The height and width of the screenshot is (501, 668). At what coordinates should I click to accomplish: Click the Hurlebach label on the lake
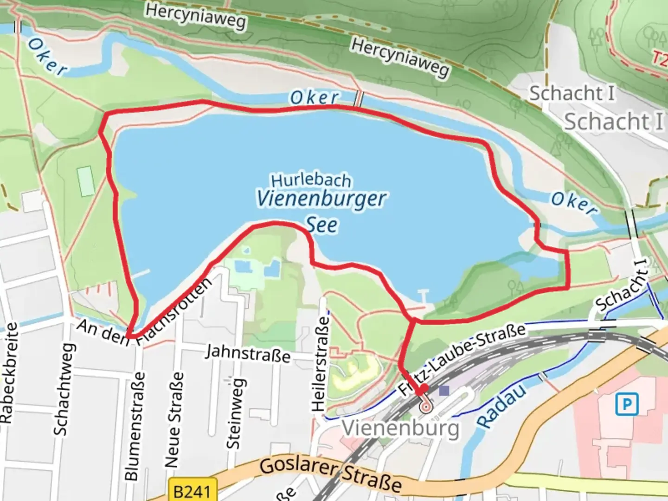pos(311,180)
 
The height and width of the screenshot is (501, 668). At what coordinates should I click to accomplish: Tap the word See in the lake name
pos(322,225)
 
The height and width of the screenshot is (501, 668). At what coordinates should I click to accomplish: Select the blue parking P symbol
pos(627,405)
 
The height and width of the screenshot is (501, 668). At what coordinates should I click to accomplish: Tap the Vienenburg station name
pos(400,428)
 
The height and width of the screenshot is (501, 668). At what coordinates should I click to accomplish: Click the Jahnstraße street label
pos(248,353)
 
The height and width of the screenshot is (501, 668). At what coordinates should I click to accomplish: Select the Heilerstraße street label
pos(320,364)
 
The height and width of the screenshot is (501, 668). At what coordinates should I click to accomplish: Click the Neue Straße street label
pos(173,420)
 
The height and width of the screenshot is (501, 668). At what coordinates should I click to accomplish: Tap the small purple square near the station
pos(444,391)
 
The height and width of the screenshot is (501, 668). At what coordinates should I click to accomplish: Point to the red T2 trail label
pos(660,58)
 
